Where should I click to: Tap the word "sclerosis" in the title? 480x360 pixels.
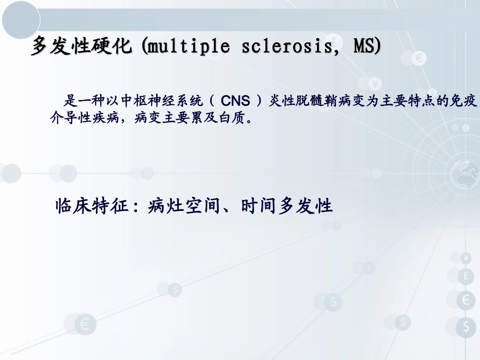pos(289,47)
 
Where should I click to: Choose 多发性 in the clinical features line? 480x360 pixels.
pos(306,207)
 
